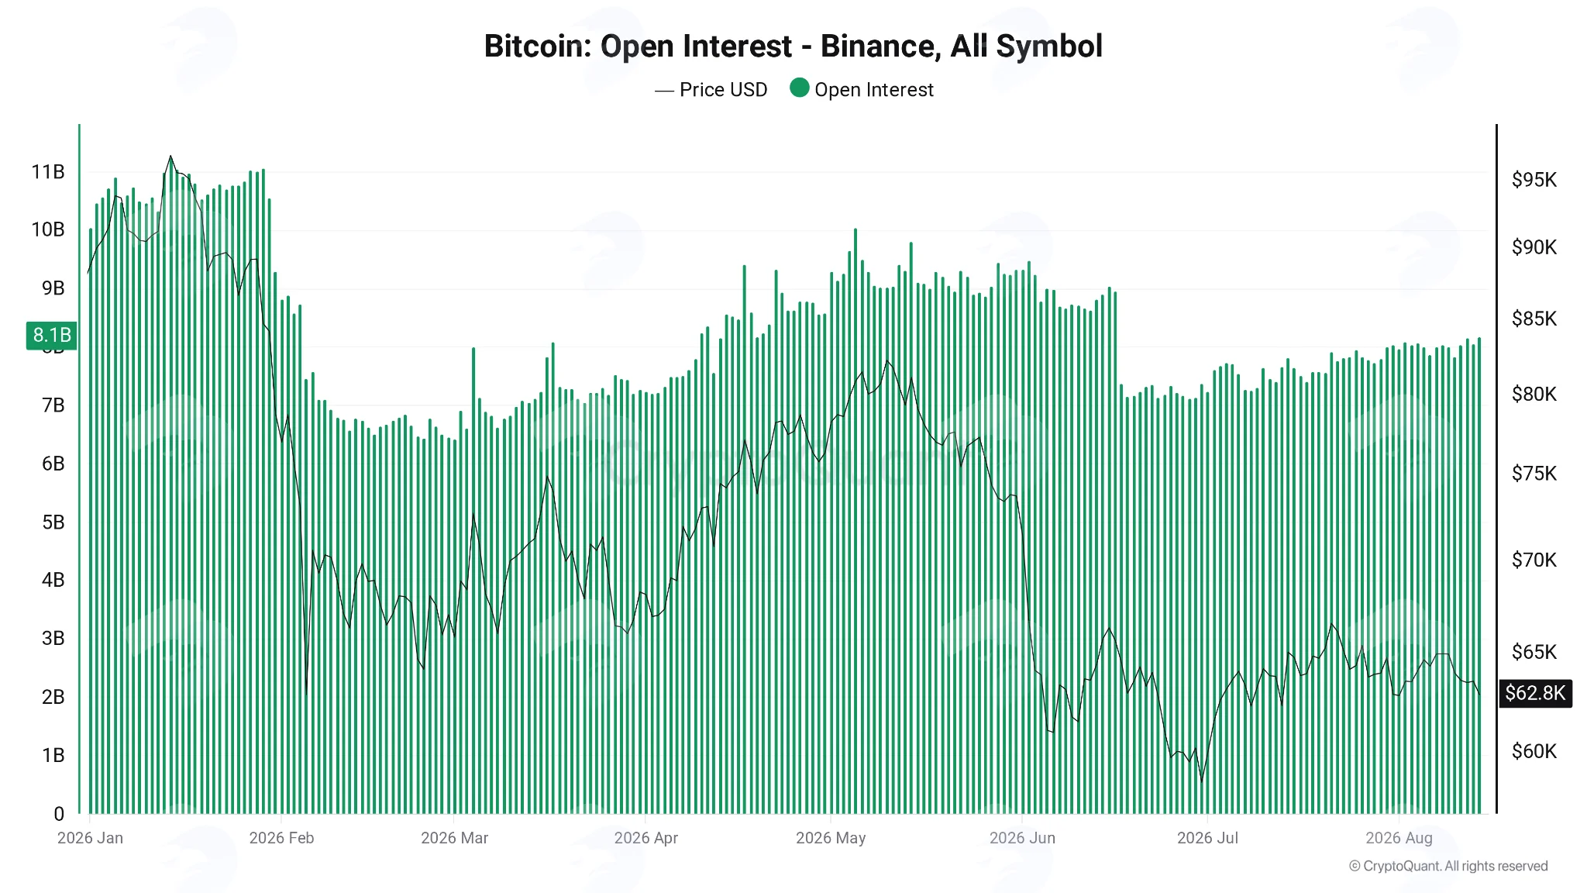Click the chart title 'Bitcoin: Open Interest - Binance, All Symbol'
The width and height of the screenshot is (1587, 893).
pos(793,47)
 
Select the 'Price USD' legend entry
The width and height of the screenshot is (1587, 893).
pos(711,90)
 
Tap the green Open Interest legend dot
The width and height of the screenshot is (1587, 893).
pos(800,88)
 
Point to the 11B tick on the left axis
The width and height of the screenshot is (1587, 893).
pos(48,172)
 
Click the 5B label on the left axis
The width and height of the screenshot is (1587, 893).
pos(53,522)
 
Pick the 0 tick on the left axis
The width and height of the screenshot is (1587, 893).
pos(59,814)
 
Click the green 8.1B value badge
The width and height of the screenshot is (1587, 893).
pos(52,335)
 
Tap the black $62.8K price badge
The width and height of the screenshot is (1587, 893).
pos(1535,693)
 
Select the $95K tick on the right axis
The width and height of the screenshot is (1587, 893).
pos(1534,180)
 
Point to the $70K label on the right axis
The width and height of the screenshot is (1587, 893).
pos(1534,560)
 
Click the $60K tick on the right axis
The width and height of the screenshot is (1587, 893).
pos(1534,751)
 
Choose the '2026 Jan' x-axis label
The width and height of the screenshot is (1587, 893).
pos(90,838)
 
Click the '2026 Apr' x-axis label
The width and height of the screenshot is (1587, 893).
pos(646,838)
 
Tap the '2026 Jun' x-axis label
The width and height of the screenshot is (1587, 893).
pos(1022,838)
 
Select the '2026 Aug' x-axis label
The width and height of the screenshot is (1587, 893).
pos(1399,838)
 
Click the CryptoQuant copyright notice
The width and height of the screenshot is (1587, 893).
pos(1448,866)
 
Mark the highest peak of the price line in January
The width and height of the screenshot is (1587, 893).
pos(170,156)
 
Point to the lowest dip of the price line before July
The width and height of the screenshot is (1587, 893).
pos(1202,781)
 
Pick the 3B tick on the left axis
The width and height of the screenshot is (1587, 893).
pos(53,639)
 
